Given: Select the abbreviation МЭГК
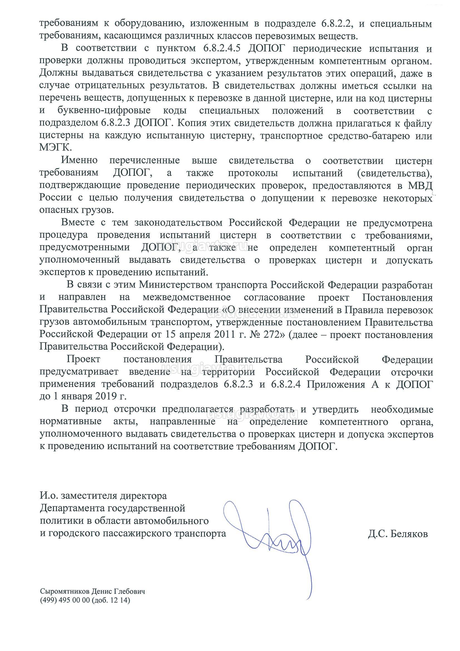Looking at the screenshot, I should [x=56, y=148].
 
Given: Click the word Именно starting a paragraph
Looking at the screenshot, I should [x=79, y=160].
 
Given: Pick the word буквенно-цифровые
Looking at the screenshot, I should [x=104, y=110].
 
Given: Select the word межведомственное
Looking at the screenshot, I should [x=187, y=297].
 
